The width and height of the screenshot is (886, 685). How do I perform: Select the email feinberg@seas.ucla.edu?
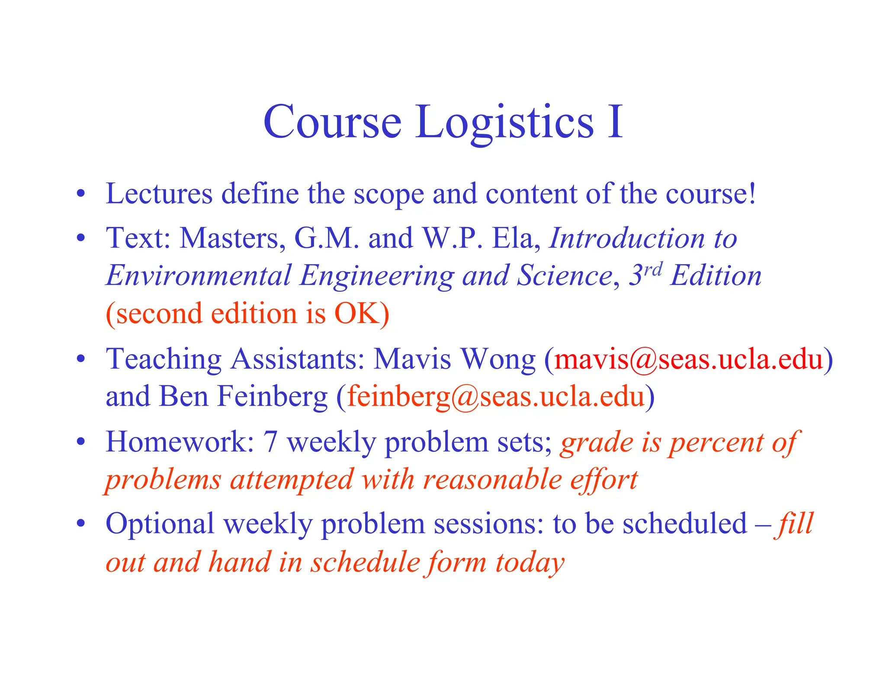[x=496, y=396]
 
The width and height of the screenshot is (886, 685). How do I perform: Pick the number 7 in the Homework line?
[x=270, y=442]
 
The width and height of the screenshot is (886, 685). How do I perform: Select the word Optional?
[x=160, y=524]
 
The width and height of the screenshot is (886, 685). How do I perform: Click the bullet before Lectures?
[x=80, y=194]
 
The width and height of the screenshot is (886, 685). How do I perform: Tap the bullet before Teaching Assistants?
[x=80, y=359]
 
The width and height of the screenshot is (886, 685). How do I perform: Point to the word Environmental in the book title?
[x=199, y=276]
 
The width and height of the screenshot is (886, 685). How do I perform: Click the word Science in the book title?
[x=565, y=275]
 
